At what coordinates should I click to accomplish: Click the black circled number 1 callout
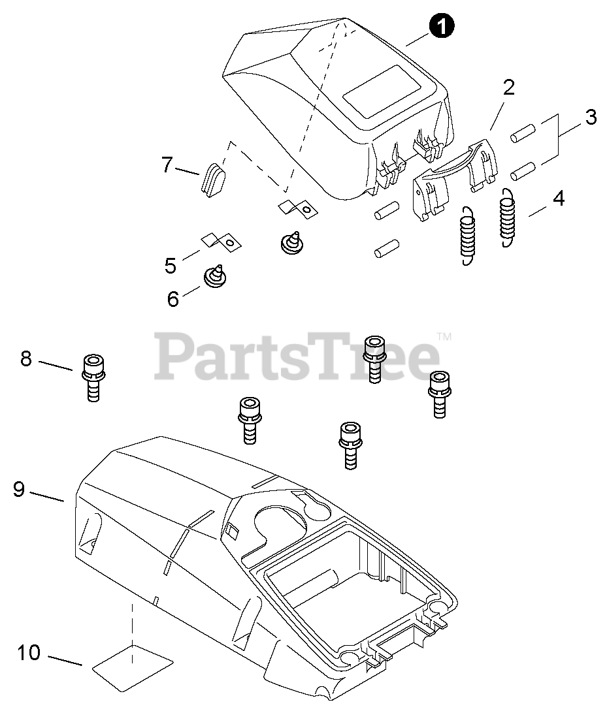(442, 27)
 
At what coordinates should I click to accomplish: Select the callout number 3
(590, 118)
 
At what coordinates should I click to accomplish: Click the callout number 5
(171, 266)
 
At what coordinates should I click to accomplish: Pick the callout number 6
(173, 299)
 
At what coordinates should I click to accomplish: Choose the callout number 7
(167, 166)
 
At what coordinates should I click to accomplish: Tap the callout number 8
(26, 358)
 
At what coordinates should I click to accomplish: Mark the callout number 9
(19, 489)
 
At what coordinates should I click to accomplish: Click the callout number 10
(29, 652)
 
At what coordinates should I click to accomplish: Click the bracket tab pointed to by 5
(221, 242)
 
